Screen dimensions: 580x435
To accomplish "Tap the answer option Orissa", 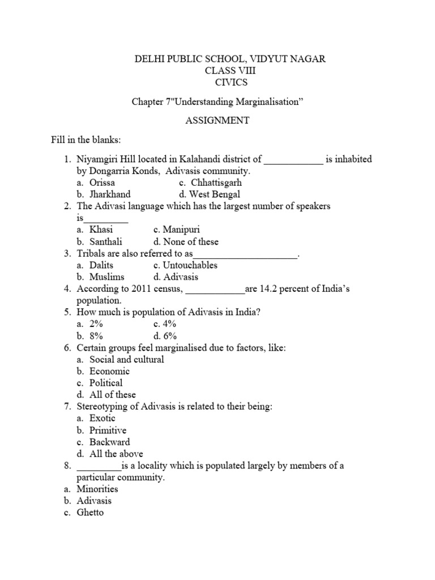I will [x=102, y=183].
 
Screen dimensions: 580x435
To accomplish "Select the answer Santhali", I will [x=105, y=242].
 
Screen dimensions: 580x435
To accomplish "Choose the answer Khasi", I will [x=101, y=230].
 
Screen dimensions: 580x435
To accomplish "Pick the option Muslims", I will [x=106, y=277].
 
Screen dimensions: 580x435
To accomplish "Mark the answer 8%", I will [x=96, y=336].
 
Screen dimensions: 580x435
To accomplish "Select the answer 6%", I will [x=169, y=336].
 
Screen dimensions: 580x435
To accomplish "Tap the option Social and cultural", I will [x=127, y=360].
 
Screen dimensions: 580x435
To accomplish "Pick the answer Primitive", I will [x=108, y=430].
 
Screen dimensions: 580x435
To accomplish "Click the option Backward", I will [x=109, y=442].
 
